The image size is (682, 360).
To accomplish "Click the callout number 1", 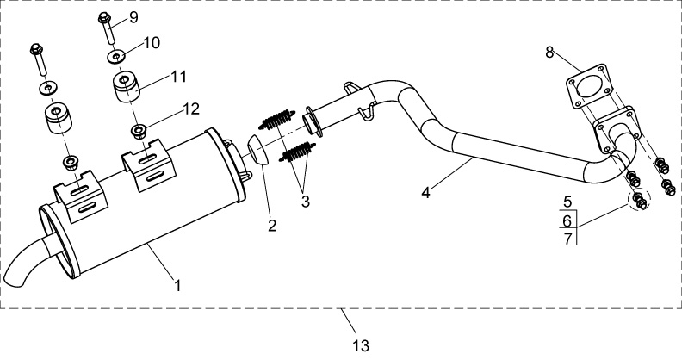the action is pyautogui.click(x=177, y=286).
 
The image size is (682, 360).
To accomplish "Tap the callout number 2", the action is pyautogui.click(x=272, y=226).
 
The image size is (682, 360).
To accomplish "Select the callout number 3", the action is pyautogui.click(x=306, y=202).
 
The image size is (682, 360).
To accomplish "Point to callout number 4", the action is pyautogui.click(x=425, y=193).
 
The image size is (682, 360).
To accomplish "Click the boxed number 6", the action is pyautogui.click(x=567, y=221).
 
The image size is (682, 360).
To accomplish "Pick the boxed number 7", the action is pyautogui.click(x=567, y=239).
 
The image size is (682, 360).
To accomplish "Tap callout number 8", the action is pyautogui.click(x=549, y=53).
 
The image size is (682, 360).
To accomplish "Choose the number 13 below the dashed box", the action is pyautogui.click(x=361, y=346).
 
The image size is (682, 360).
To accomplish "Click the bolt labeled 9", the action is pyautogui.click(x=107, y=28).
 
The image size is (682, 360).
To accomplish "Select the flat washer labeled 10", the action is pyautogui.click(x=116, y=56).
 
